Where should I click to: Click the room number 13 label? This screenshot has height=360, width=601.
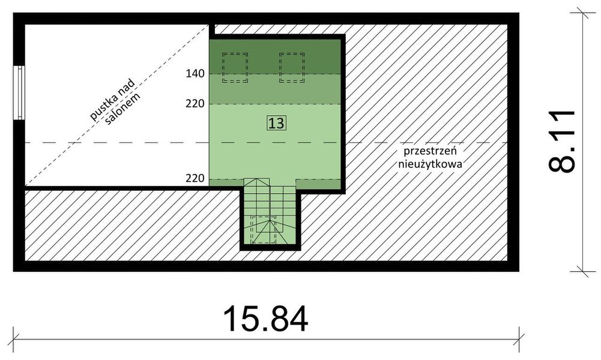pyautogui.click(x=276, y=124)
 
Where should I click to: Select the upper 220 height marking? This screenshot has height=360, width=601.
pyautogui.click(x=196, y=104)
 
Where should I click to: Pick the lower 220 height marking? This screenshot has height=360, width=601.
pyautogui.click(x=196, y=178)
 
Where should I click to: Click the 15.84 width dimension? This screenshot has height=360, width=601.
pyautogui.click(x=266, y=319)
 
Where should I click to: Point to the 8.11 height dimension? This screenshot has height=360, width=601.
pyautogui.click(x=562, y=141)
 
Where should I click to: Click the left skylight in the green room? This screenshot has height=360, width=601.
pyautogui.click(x=235, y=67)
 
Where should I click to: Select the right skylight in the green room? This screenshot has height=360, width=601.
pyautogui.click(x=292, y=67)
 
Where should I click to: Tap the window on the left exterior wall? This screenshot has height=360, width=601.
pyautogui.click(x=20, y=94)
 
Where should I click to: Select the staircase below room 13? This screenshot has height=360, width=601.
pyautogui.click(x=270, y=213)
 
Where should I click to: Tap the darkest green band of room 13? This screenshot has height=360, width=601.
pyautogui.click(x=276, y=56)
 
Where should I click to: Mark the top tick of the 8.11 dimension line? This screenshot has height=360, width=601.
pyautogui.click(x=579, y=11)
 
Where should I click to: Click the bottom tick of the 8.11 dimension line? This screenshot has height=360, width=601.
pyautogui.click(x=579, y=271)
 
